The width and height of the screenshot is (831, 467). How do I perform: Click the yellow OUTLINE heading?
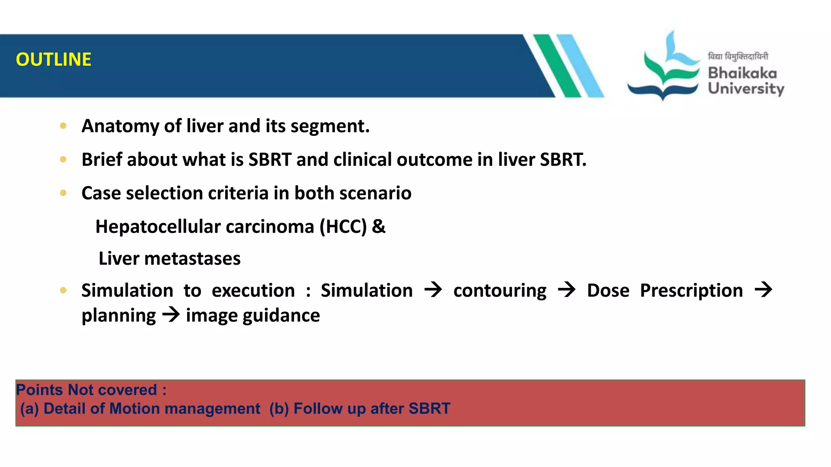[x=54, y=60]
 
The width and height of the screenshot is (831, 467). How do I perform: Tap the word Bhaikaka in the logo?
[x=742, y=73]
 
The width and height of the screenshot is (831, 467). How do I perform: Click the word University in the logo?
[x=746, y=88]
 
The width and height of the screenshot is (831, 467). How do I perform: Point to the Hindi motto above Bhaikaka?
[x=738, y=57]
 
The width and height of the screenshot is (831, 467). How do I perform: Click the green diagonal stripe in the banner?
[x=557, y=65]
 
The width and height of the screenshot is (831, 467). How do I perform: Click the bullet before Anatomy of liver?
[x=63, y=126]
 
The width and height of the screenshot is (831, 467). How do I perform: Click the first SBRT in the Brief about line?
[x=270, y=160]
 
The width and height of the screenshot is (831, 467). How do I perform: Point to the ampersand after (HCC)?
[x=379, y=227]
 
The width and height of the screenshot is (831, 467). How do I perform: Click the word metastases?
[x=192, y=259]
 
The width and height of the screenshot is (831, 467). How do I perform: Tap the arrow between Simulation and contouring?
[x=433, y=290]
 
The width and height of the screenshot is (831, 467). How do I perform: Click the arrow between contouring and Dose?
[x=566, y=290]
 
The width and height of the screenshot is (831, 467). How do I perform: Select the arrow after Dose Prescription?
[x=763, y=290]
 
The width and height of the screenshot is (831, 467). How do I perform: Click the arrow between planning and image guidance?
[x=171, y=315]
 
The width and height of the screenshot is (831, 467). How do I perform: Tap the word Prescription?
[x=691, y=291]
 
